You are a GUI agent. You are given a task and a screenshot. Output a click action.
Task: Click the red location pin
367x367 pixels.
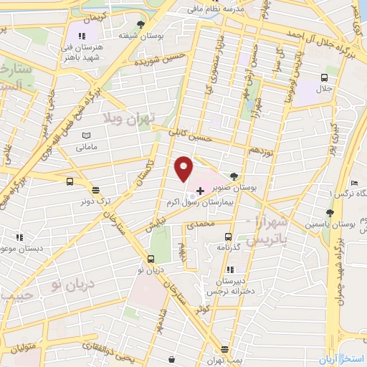[x=183, y=168]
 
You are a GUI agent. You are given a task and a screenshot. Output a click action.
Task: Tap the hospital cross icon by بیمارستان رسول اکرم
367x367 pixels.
[x=199, y=189]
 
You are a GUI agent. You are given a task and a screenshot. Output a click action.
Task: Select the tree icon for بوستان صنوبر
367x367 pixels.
[x=234, y=176]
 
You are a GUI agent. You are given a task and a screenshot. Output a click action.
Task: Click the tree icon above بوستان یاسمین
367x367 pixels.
[x=329, y=213]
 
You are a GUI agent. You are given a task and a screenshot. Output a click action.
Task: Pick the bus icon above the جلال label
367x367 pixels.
[x=324, y=77]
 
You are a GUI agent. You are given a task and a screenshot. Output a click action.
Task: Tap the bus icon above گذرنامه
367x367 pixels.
[x=228, y=236]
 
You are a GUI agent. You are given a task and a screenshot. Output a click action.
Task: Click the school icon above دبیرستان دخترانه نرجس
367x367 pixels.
[x=230, y=270]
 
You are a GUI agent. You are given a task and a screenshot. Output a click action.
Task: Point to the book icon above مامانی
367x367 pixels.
[x=87, y=135]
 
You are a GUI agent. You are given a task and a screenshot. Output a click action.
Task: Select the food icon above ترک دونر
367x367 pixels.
[x=95, y=190]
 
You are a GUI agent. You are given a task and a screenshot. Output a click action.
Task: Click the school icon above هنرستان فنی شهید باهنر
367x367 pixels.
[x=82, y=35]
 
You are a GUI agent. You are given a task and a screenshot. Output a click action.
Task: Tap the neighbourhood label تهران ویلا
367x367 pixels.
[x=125, y=119]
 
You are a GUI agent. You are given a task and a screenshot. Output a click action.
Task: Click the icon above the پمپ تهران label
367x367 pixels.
[x=225, y=349]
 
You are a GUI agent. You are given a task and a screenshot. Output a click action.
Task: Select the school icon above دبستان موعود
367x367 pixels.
[x=19, y=237]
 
